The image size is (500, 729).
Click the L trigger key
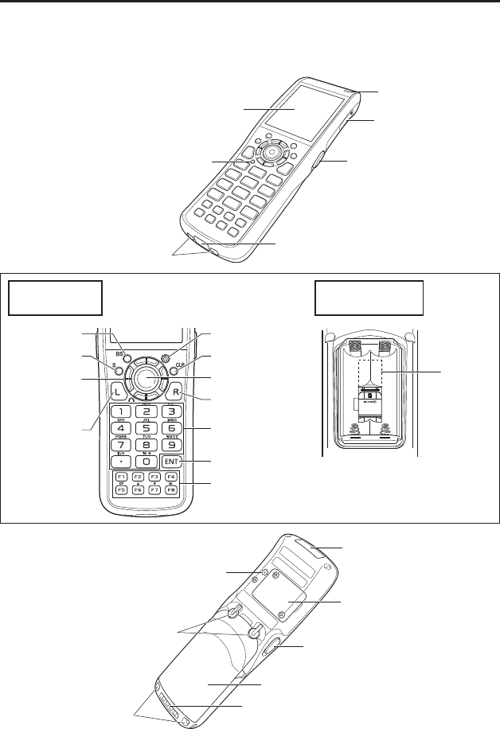coord(116,392)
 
